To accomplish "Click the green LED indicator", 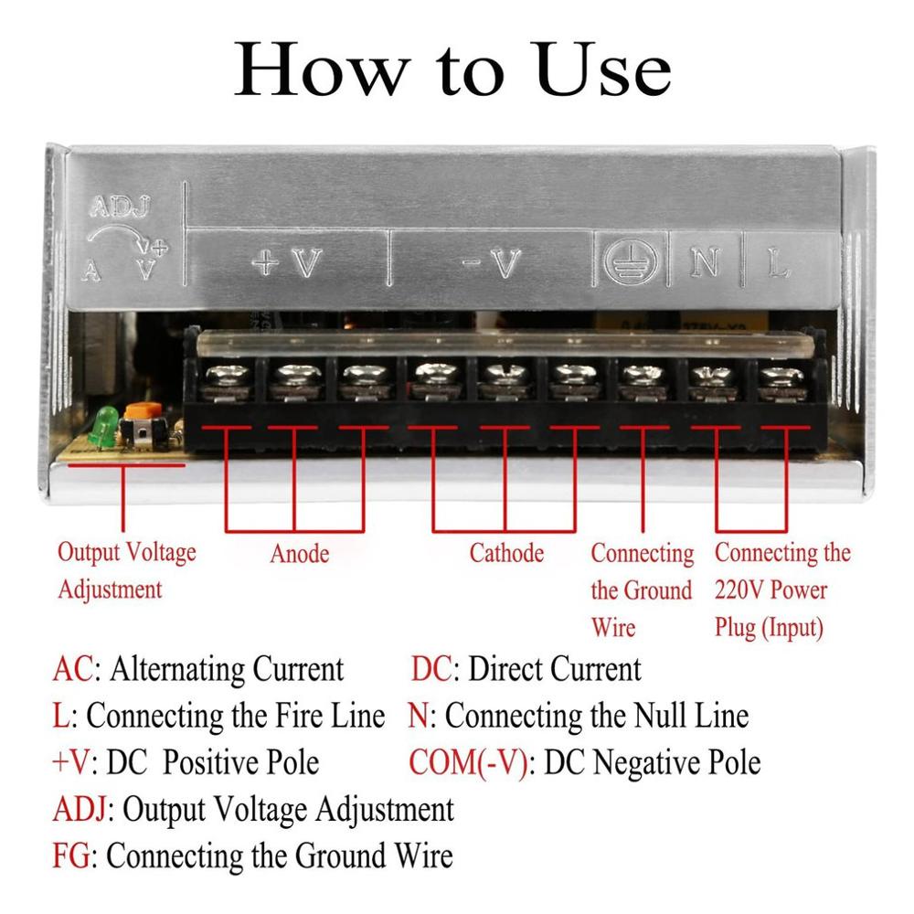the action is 103,426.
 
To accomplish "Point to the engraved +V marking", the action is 287,263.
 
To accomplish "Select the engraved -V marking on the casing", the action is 493,263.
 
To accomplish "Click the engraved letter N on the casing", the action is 706,263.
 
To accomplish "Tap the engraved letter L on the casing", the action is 778,263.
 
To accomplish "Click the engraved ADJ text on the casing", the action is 120,207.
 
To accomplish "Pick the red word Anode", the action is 300,554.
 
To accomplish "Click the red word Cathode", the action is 506,553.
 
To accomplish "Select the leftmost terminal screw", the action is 228,376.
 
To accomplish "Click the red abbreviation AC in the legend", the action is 73,669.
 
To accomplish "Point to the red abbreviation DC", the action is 431,669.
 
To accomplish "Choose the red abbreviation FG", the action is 71,856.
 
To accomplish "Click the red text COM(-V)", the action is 469,763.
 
